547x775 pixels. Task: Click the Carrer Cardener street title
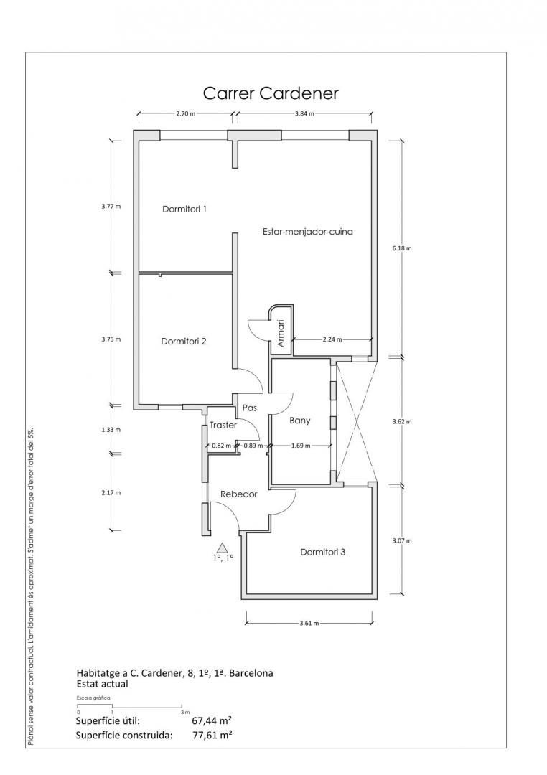(x=271, y=93)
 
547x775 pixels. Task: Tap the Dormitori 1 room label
(x=184, y=209)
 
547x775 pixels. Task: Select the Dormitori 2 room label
(x=184, y=341)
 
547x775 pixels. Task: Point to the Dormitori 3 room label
(x=323, y=552)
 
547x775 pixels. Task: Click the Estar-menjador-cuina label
(x=308, y=231)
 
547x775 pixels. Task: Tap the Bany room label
(x=300, y=421)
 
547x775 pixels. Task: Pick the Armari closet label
(x=281, y=333)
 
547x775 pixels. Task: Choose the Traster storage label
(x=223, y=425)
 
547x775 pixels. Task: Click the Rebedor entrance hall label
(x=239, y=494)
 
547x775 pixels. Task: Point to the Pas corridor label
(x=250, y=408)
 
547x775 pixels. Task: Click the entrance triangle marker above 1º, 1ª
(x=223, y=547)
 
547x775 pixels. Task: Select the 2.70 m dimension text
(x=185, y=113)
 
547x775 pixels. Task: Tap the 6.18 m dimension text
(x=401, y=248)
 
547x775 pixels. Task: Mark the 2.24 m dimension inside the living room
(x=332, y=339)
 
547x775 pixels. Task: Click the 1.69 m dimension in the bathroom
(x=301, y=446)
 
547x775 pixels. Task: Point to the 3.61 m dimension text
(x=309, y=623)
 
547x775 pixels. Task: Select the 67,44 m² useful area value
(x=212, y=720)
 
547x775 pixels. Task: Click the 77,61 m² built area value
(x=212, y=735)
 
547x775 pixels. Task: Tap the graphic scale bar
(x=130, y=705)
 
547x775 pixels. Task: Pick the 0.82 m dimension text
(x=221, y=446)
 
